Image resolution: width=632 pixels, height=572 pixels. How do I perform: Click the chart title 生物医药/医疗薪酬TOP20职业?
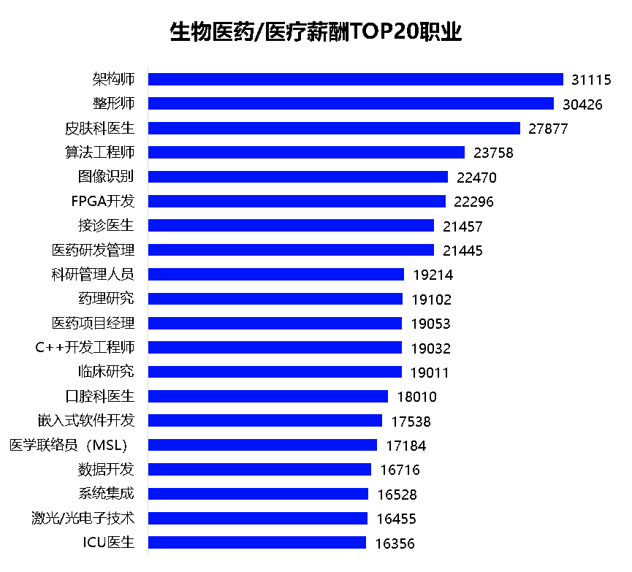pos(316,33)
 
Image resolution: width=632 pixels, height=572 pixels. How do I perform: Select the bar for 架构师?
pos(356,80)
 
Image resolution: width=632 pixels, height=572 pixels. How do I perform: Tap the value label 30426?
pos(582,104)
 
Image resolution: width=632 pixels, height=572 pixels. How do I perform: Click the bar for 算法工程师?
pos(306,153)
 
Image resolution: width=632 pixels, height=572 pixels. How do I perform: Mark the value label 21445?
pos(462,251)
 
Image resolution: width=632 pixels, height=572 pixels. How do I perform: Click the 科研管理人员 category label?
pos(93,275)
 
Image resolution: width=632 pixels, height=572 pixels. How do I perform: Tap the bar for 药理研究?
pos(275,299)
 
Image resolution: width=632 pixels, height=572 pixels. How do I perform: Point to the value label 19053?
pos(430,324)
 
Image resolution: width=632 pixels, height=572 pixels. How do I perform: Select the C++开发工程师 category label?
pos(85,348)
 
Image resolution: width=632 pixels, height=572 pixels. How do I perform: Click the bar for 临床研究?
pos(275,372)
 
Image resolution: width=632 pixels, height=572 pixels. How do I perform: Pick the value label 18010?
pos(416,397)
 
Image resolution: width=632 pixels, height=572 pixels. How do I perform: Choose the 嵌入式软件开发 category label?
pos(86,421)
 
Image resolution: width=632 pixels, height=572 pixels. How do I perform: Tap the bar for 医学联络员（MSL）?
pos(263,445)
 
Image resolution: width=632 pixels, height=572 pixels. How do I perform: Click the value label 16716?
pos(400,470)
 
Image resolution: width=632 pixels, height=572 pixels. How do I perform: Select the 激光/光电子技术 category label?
pos(79,519)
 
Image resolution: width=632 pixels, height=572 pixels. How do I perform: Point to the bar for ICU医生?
pos(257,543)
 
